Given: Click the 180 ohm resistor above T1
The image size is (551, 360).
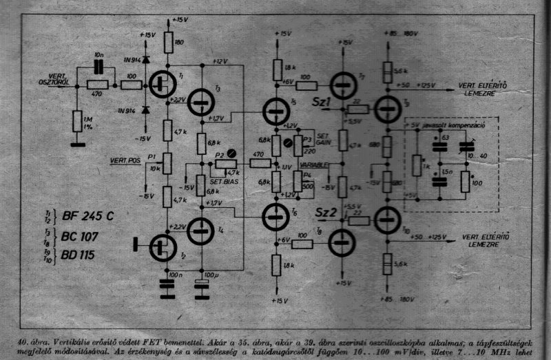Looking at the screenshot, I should [169, 43].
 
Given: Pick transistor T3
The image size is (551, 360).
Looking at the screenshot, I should [200, 104].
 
